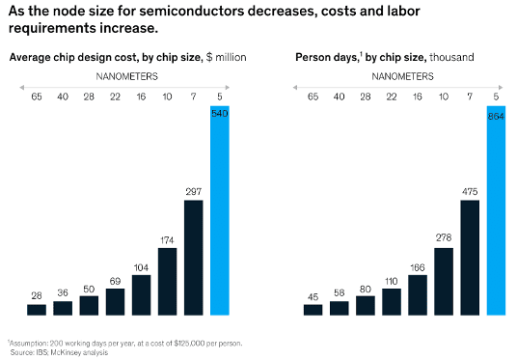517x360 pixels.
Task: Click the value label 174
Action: pos(167,238)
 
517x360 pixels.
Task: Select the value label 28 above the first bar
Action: pos(37,294)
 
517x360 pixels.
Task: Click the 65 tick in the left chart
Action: pos(37,97)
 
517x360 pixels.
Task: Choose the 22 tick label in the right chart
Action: pos(392,97)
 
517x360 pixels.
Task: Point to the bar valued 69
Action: pos(115,301)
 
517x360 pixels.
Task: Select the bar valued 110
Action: pos(392,301)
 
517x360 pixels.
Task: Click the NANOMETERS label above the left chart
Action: pos(127,75)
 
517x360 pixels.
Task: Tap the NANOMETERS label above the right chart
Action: pos(404,75)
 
